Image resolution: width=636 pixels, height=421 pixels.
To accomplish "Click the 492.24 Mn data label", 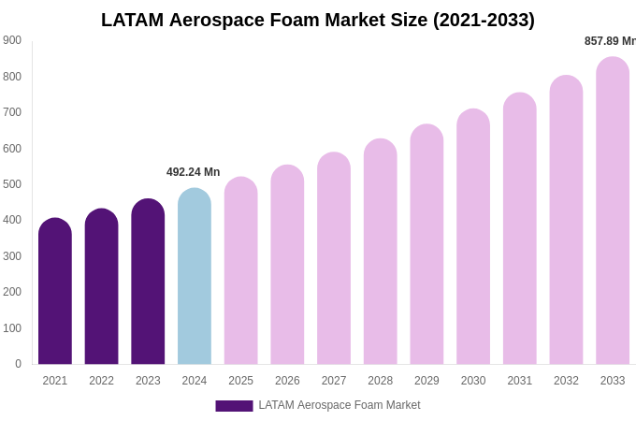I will point(194,172).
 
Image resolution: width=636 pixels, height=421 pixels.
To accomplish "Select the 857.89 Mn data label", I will point(610,41).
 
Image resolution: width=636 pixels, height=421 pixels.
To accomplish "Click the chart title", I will point(318,20).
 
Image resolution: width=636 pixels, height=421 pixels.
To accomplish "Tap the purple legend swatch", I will point(234,406).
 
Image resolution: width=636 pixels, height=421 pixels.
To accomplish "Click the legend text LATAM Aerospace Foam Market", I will point(340,405).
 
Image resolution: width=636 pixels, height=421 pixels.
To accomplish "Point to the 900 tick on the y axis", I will point(12,40).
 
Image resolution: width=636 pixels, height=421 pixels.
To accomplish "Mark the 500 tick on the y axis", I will point(12,184).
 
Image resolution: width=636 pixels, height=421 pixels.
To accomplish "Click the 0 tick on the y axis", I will point(18,364).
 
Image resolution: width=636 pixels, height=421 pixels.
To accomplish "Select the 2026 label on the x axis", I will point(287,381).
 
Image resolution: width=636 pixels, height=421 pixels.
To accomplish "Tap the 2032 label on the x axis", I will point(566,381).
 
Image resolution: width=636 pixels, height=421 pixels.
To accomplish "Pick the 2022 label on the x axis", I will point(101,381).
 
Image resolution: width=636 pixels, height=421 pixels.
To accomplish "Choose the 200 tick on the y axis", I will point(12,292).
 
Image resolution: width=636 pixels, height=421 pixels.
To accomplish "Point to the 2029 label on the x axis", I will point(426,381).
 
